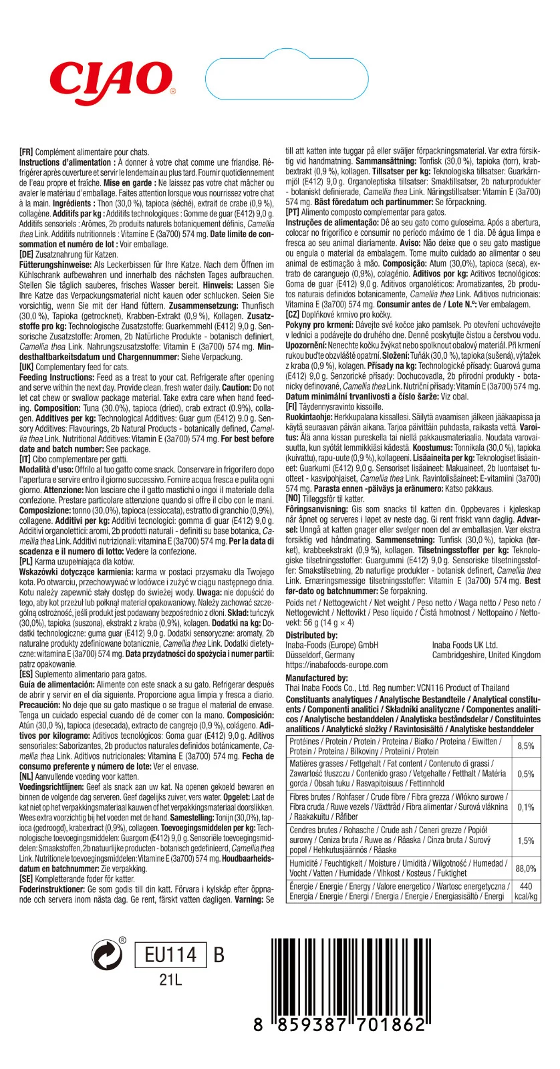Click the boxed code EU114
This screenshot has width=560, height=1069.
pyautogui.click(x=171, y=955)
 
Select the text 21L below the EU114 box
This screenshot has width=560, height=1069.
pyautogui.click(x=170, y=980)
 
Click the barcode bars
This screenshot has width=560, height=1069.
pyautogui.click(x=347, y=975)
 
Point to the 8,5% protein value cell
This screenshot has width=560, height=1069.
pyautogui.click(x=526, y=746)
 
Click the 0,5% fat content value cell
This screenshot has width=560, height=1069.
pyautogui.click(x=526, y=774)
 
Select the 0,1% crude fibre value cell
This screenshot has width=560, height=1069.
pyautogui.click(x=526, y=807)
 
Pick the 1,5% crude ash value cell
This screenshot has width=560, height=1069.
pyautogui.click(x=526, y=841)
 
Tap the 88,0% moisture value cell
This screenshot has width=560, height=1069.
pyautogui.click(x=526, y=869)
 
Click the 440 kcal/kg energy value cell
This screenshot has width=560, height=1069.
pyautogui.click(x=526, y=891)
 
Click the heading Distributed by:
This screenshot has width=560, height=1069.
pyautogui.click(x=311, y=635)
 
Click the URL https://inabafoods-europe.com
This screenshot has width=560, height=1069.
pyautogui.click(x=336, y=665)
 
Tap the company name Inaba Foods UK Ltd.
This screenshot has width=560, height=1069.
pyautogui.click(x=464, y=645)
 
